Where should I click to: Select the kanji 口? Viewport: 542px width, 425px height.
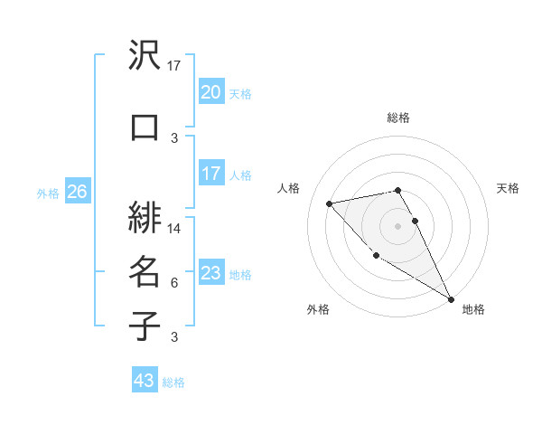point(145,127)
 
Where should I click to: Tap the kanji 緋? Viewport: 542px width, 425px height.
point(145,218)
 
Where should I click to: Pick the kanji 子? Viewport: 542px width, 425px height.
point(145,326)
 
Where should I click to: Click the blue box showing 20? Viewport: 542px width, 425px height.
point(210,92)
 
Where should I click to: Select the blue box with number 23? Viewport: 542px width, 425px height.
point(210,273)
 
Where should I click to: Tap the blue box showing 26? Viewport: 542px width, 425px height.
point(77,192)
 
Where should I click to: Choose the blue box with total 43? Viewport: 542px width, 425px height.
point(145,381)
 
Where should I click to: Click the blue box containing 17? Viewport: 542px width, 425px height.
point(210,174)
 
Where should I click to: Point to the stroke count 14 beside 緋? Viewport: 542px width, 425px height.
point(174,229)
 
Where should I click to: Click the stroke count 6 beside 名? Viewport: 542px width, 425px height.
point(174,283)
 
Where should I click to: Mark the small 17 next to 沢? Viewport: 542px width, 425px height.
point(174,66)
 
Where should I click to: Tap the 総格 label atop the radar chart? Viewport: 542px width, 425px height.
point(398,118)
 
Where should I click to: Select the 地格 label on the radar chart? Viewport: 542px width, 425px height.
point(473,309)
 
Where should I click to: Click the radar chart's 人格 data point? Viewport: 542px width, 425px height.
point(330,203)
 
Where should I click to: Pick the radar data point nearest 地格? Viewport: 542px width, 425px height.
point(451,298)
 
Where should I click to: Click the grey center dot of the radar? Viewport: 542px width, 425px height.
point(398,225)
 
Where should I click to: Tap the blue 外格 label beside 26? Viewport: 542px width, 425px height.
point(48,193)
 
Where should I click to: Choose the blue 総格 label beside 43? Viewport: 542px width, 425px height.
point(173,382)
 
